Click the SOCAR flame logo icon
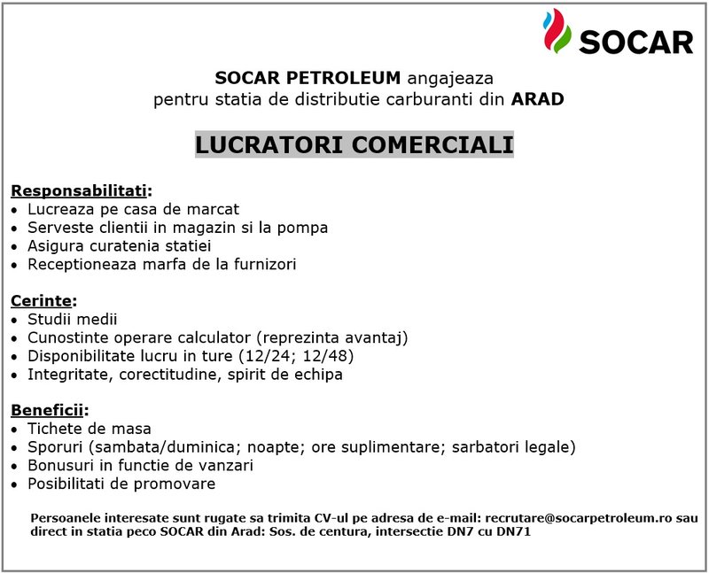557,31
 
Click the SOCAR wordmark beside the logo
635,42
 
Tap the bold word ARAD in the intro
537,98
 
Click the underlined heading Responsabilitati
81,190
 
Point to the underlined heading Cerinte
43,301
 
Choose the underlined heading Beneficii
49,411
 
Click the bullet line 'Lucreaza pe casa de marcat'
133,210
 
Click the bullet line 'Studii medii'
72,319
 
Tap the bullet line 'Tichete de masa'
89,429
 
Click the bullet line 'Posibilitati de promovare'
121,484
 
